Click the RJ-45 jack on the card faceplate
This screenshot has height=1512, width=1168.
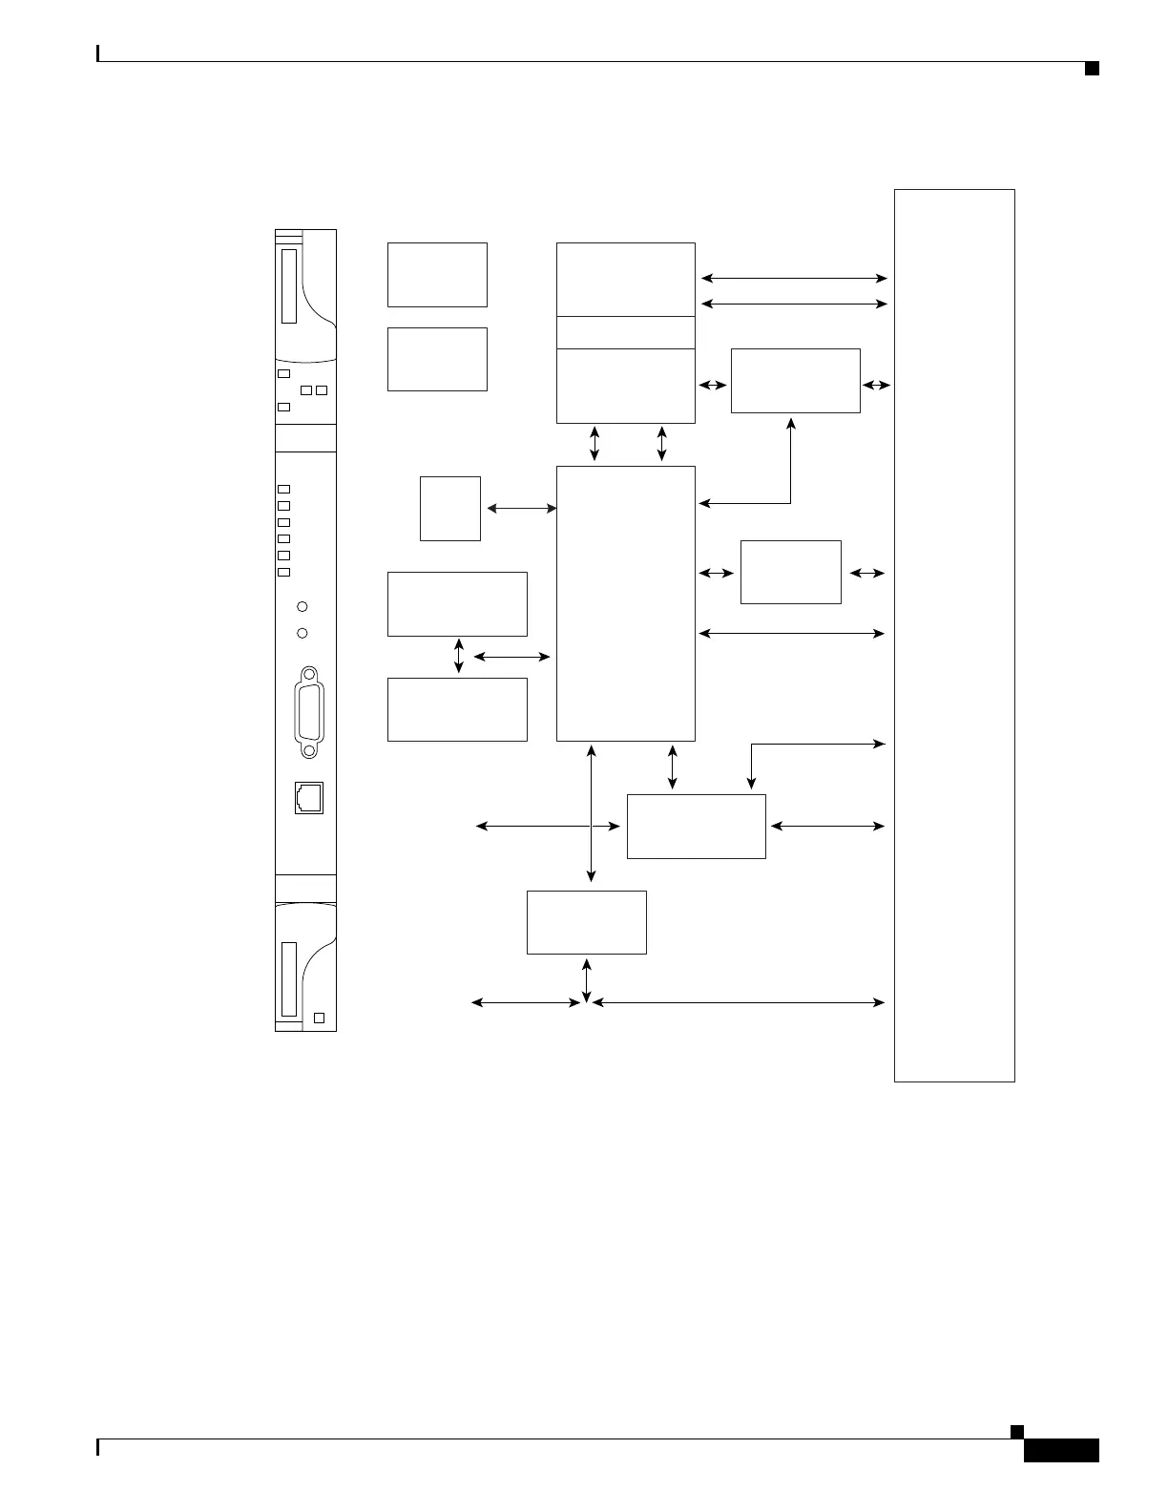(309, 798)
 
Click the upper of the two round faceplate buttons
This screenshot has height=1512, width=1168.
(302, 606)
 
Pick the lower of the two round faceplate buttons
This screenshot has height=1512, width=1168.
(302, 633)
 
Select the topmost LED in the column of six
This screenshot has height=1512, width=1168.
(283, 489)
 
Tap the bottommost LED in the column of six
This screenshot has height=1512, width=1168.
(283, 572)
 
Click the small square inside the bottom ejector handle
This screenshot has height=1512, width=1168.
(320, 1018)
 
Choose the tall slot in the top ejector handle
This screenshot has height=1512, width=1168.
(289, 286)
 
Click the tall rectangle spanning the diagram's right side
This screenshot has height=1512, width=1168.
(954, 635)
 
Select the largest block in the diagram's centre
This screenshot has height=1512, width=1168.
(625, 603)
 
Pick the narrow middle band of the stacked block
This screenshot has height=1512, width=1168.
(625, 332)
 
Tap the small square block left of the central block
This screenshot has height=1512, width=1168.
(450, 509)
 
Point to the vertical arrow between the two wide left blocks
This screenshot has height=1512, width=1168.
(459, 657)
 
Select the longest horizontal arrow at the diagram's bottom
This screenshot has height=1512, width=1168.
(738, 1002)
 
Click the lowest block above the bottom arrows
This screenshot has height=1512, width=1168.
(586, 922)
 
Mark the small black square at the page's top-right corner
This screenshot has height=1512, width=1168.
(1092, 68)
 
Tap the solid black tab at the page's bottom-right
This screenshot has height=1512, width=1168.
(1061, 1451)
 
